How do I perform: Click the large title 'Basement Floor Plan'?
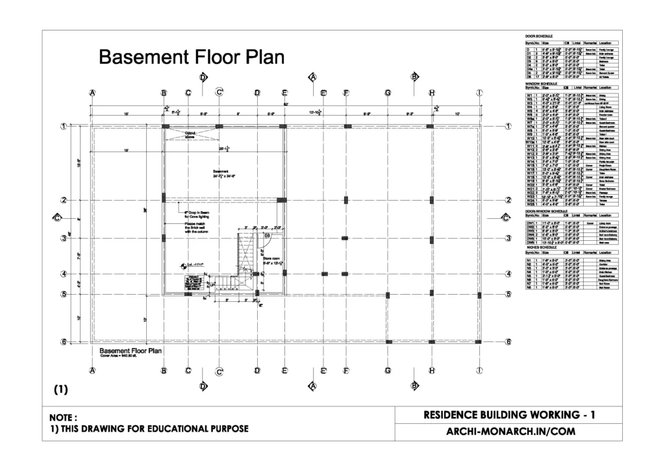[x=191, y=58]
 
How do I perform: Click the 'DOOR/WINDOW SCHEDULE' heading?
[x=546, y=211]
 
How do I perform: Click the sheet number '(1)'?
[x=60, y=390]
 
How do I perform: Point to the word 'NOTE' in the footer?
[x=64, y=417]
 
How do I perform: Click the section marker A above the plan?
[x=312, y=78]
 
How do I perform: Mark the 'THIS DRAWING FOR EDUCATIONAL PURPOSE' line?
[x=155, y=429]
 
